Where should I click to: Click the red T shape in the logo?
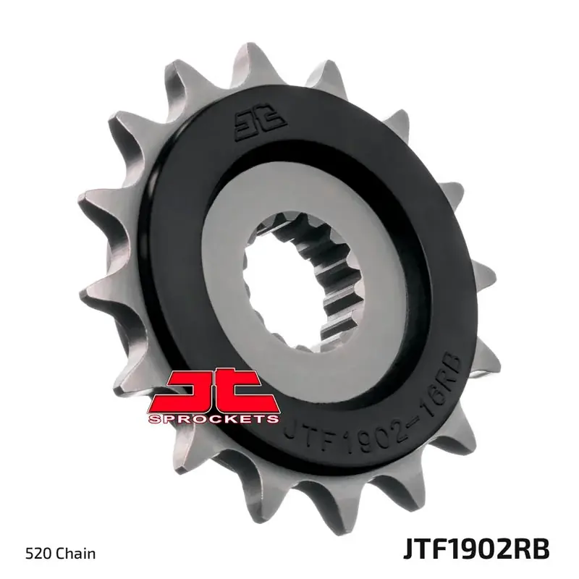tap(246, 391)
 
